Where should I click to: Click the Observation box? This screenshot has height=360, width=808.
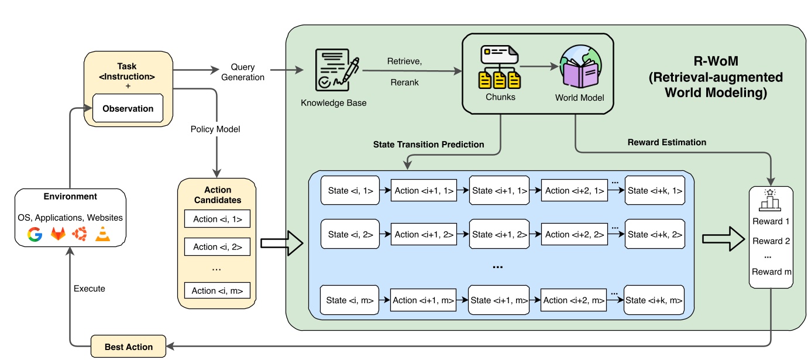128,108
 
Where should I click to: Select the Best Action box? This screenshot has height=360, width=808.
128,347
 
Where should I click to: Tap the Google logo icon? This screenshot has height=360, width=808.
35,234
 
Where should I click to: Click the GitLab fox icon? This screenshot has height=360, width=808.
57,234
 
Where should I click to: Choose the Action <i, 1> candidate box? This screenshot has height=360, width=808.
217,220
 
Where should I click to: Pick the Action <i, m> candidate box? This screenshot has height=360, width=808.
217,290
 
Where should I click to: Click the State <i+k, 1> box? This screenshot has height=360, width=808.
654,190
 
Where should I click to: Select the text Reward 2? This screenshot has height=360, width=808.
771,241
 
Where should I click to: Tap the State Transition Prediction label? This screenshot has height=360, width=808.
429,144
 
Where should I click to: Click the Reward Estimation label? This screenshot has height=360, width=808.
666,142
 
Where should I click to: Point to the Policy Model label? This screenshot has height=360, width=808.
215,129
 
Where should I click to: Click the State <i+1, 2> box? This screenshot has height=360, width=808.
499,234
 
